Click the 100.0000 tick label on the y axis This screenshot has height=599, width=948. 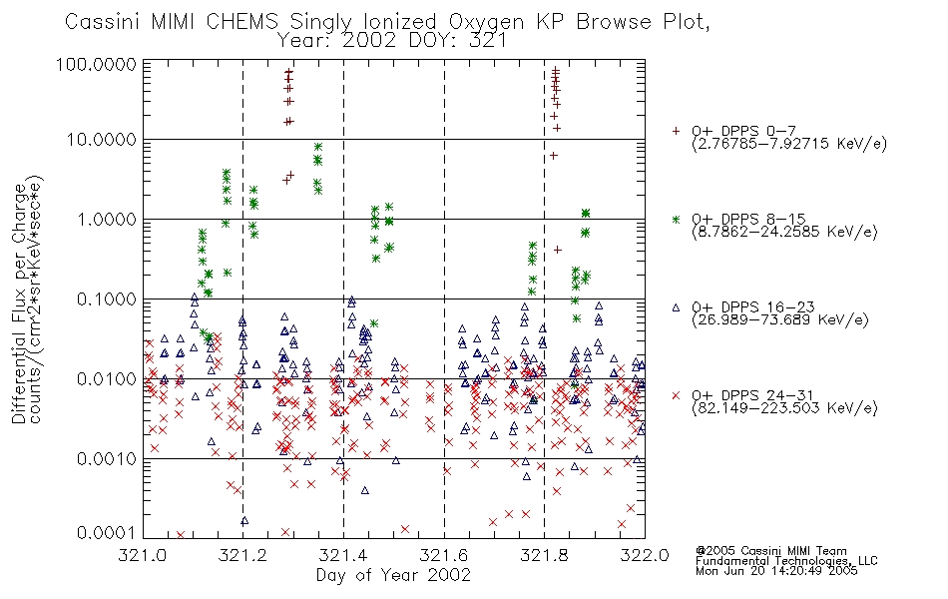pos(96,64)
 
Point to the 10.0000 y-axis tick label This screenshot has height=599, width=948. pos(102,140)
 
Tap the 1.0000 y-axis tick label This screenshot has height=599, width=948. pos(107,219)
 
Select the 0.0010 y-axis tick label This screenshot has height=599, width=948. pos(107,458)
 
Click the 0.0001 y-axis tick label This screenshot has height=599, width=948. pos(107,533)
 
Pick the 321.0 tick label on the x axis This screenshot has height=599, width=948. pos(143,555)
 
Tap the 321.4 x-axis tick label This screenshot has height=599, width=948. pos(343,555)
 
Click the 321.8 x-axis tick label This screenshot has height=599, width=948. pos(544,555)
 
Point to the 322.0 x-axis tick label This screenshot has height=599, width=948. pos(645,555)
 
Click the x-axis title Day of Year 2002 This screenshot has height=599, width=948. pos(393,575)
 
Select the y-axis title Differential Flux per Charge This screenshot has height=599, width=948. pos(19,303)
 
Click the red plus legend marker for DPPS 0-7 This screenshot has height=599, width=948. pos(676,131)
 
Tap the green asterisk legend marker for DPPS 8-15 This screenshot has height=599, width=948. pos(676,219)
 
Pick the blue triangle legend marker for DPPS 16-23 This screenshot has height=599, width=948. pos(676,307)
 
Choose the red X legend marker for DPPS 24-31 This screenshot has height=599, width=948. pos(676,395)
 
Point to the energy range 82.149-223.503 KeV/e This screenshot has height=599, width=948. pos(784,408)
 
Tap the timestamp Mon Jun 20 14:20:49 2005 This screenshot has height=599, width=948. pos(776,571)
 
